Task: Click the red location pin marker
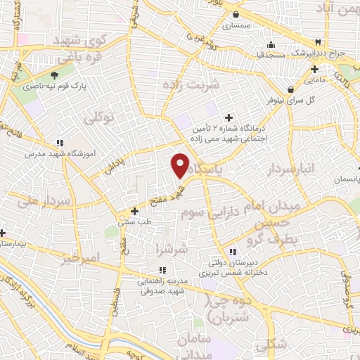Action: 180,165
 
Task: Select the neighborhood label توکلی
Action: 98,117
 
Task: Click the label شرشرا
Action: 173,248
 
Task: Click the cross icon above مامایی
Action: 314,69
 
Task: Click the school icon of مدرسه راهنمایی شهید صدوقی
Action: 162,270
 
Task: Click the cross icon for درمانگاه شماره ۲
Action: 228,117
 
